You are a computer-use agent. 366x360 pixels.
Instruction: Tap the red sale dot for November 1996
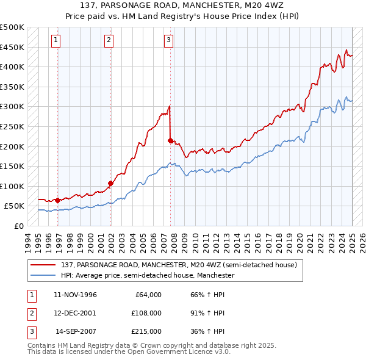(x=57, y=200)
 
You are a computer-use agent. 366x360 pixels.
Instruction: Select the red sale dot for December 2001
(x=111, y=182)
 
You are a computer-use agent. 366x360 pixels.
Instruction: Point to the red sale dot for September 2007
(x=170, y=140)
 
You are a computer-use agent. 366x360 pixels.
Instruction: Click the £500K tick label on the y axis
(x=12, y=27)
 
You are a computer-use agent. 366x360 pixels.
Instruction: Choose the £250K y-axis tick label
(x=12, y=126)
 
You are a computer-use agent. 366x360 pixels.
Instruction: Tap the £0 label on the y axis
(x=18, y=226)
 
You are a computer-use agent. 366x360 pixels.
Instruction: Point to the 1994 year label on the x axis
(x=28, y=241)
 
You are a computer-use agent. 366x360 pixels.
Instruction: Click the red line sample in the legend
(x=43, y=265)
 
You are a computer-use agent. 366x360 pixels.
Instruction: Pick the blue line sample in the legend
(x=43, y=275)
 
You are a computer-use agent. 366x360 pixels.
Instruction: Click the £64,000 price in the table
(x=148, y=295)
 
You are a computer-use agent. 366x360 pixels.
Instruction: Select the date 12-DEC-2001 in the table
(x=75, y=313)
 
